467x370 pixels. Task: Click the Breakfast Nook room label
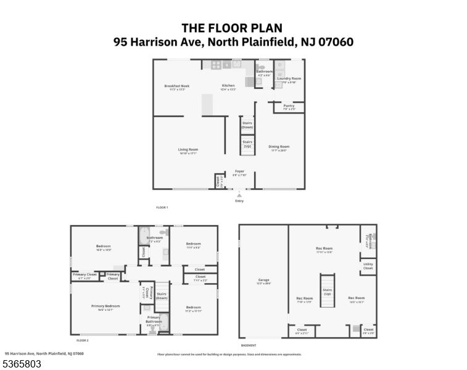(176, 86)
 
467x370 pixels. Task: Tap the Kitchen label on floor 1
(228, 86)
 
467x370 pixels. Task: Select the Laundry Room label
(289, 79)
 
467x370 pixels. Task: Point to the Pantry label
(289, 105)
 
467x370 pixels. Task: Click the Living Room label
(188, 149)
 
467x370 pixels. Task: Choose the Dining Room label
(279, 147)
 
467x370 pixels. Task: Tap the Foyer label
(239, 171)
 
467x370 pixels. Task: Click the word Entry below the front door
(239, 200)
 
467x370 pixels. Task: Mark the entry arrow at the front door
(239, 194)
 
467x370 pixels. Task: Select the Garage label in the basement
(263, 280)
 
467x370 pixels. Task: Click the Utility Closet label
(368, 266)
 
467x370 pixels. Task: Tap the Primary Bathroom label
(153, 319)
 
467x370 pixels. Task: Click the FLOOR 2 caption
(83, 340)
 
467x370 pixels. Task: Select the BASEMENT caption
(249, 345)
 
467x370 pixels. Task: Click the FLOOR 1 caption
(162, 207)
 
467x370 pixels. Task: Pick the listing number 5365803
(22, 364)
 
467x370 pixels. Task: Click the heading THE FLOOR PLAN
(233, 27)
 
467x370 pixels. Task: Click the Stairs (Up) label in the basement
(328, 292)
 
